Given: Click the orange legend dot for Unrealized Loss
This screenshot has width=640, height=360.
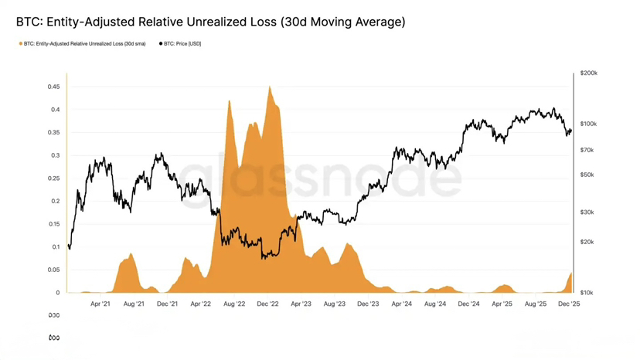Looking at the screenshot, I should tap(21, 44).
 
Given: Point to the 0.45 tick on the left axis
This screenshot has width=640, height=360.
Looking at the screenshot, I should tap(53, 87).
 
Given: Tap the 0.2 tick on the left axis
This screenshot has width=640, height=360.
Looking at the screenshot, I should tap(55, 201).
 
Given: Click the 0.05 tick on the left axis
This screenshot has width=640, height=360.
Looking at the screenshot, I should tap(53, 270).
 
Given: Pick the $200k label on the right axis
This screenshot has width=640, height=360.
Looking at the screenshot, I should tap(588, 73).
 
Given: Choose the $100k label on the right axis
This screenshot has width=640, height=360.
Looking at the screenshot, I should tap(588, 124).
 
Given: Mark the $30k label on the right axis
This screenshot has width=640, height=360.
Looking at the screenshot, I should tap(587, 212).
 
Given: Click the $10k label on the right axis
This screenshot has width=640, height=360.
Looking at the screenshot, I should tap(587, 293).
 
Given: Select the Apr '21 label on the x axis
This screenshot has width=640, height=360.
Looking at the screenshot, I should tap(100, 304).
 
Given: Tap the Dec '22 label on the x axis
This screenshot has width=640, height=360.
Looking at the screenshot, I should tap(267, 304).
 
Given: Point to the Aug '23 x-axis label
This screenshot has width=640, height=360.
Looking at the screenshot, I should tap(335, 304).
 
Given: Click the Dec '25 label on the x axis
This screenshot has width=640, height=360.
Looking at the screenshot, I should tap(569, 304).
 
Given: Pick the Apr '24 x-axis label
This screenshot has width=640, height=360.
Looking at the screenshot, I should tap(402, 304).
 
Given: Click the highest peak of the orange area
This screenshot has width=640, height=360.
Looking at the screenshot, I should tap(269, 87).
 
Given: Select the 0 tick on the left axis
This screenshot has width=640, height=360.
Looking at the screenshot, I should tap(57, 293).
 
